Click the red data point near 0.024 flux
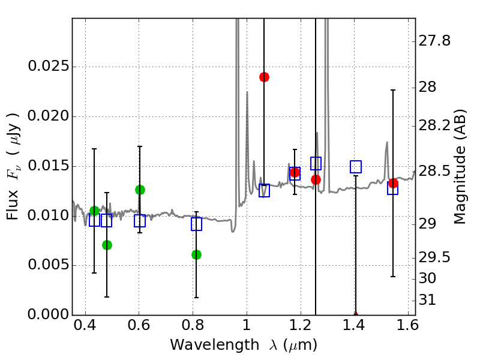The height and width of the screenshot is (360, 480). (264, 77)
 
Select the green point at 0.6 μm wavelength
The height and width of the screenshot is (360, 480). (140, 190)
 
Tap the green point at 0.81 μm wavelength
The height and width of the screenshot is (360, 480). (196, 254)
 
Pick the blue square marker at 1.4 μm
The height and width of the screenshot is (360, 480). (356, 167)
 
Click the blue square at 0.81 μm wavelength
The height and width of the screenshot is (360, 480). (196, 224)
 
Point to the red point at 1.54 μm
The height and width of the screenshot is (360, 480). (393, 183)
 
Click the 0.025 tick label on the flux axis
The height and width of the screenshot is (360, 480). (47, 67)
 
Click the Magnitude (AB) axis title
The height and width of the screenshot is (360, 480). (460, 166)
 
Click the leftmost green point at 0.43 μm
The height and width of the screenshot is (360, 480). (94, 211)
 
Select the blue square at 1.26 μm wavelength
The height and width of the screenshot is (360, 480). (316, 163)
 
